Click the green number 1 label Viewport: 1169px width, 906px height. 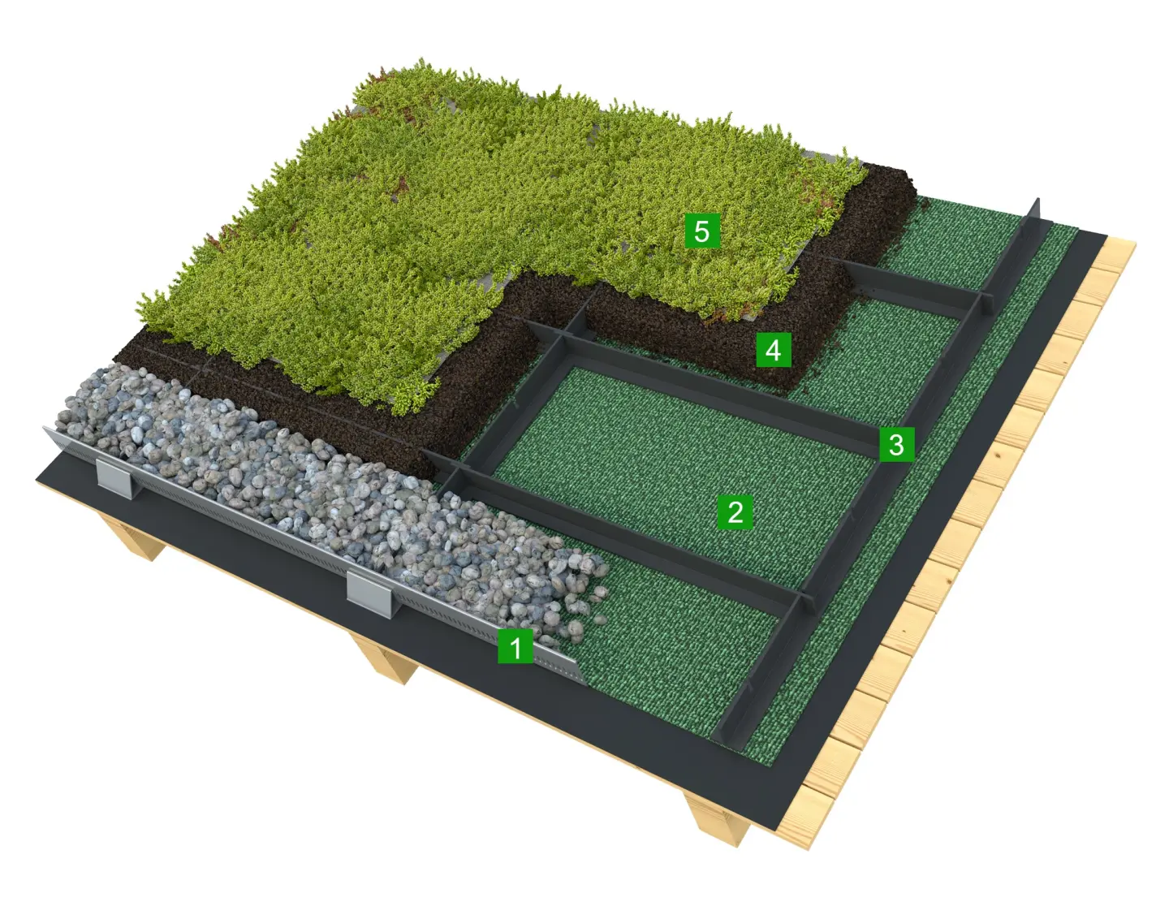click(x=515, y=645)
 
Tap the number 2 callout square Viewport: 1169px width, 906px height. click(x=735, y=511)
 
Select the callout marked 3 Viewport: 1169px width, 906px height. click(x=896, y=444)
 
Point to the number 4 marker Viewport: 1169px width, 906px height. click(x=773, y=350)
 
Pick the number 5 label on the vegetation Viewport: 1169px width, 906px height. click(x=702, y=231)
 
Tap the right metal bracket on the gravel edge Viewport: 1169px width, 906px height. click(x=370, y=593)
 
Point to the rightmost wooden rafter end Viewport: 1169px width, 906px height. click(x=718, y=826)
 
